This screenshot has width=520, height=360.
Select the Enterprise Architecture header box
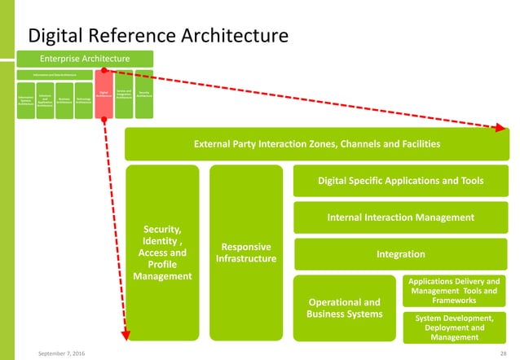(86, 59)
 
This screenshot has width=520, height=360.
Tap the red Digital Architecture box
(104, 96)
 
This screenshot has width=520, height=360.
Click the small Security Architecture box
(144, 94)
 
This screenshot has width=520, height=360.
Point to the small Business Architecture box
(64, 99)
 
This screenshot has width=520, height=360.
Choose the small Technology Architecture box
(82, 99)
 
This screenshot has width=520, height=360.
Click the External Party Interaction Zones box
(315, 144)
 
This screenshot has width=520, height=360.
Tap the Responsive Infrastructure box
(245, 252)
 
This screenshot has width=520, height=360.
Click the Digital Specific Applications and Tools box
(400, 181)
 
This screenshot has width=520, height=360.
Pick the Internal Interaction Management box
(400, 217)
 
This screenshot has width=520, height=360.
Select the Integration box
(400, 254)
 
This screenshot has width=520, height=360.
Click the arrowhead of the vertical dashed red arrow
(126, 333)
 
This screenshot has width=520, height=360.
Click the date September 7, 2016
(65, 352)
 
